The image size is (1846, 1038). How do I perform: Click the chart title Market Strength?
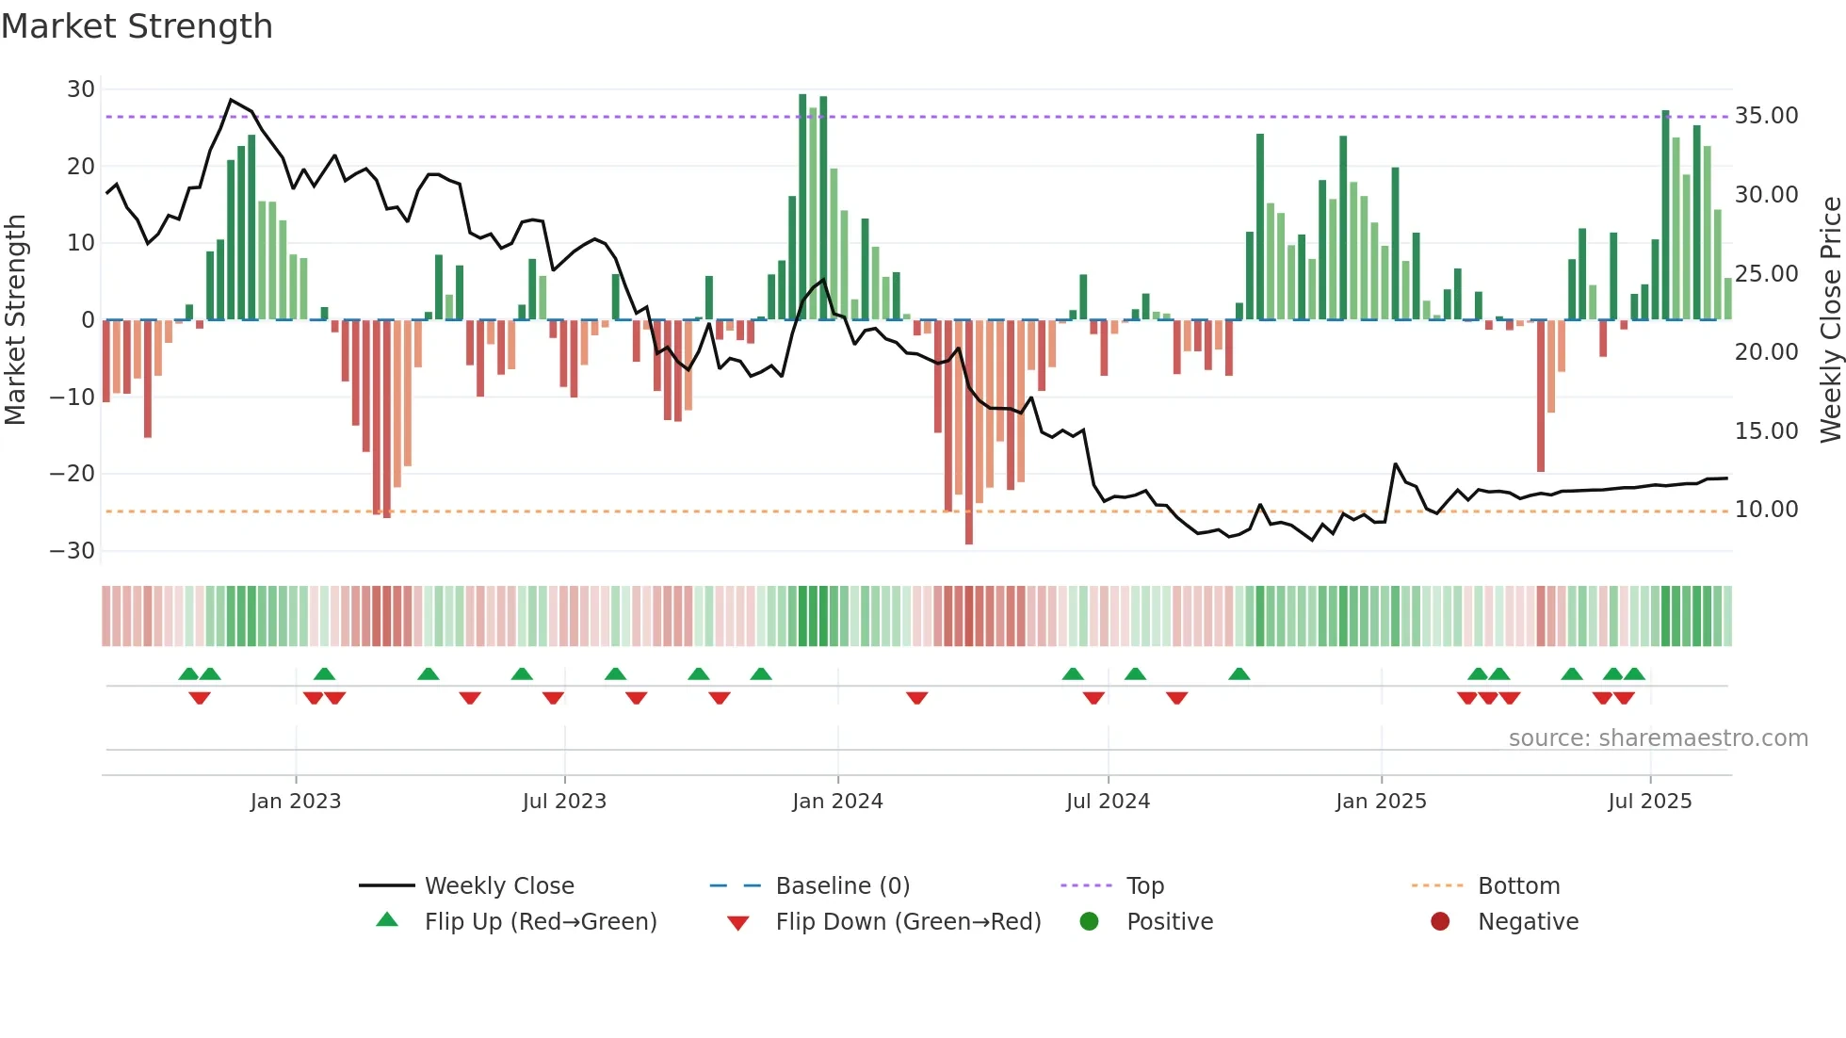[137, 26]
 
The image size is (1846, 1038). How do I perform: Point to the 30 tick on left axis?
[81, 89]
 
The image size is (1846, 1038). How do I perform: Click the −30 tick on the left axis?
[73, 551]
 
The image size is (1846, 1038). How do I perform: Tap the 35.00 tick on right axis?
[1766, 116]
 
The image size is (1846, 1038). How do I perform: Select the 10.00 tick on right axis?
[1766, 510]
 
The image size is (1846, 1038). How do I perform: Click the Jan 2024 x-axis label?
[837, 802]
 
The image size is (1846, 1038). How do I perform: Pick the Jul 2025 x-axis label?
[1649, 802]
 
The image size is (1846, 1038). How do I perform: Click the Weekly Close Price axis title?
[1830, 320]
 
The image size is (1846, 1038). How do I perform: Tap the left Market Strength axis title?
[15, 320]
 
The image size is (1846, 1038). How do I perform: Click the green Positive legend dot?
[1089, 922]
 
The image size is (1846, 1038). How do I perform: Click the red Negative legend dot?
[1439, 922]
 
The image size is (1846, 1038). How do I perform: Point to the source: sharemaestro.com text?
[1658, 738]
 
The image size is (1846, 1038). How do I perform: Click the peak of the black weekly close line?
[231, 100]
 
